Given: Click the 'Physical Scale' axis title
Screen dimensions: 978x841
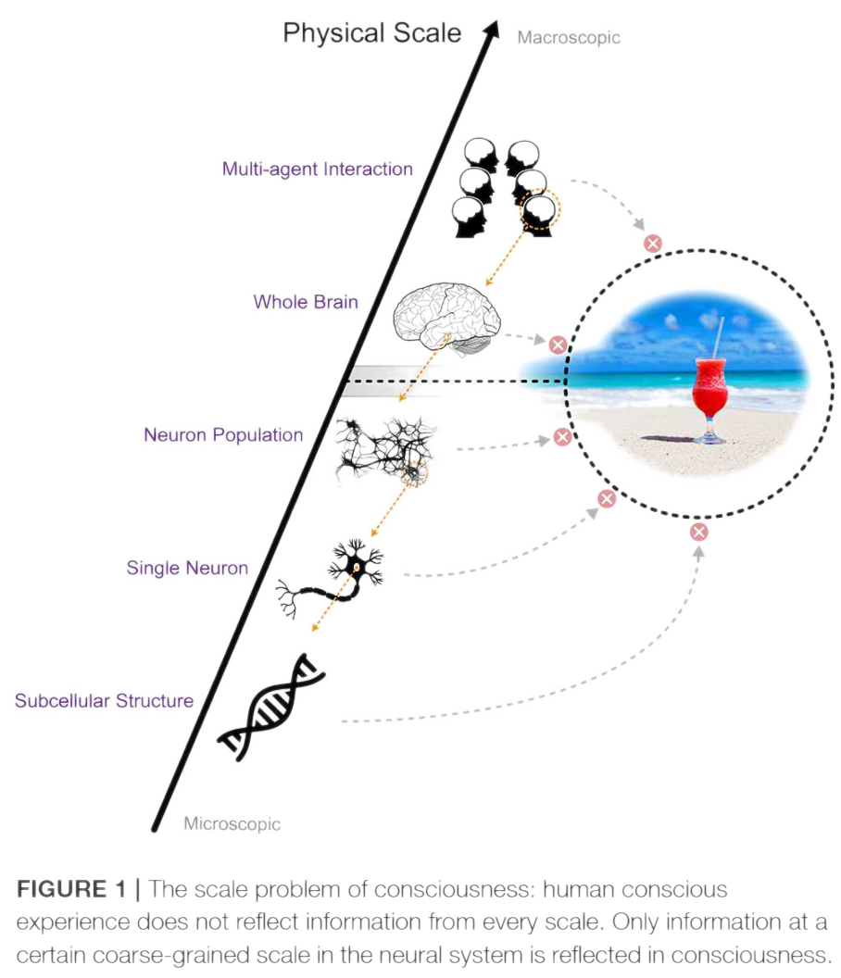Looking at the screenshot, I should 371,34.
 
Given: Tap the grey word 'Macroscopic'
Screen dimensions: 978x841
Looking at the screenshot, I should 569,38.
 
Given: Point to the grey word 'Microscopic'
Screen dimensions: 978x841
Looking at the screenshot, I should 232,822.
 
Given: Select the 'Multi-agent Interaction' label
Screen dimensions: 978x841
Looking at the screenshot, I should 317,169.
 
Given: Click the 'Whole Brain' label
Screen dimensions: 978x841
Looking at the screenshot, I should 305,302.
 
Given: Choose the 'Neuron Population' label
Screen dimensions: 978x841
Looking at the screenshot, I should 223,434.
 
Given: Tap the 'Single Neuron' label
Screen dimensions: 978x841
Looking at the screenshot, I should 187,567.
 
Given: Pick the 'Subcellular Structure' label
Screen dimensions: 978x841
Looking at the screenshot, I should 104,700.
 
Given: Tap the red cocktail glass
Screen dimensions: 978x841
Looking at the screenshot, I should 711,394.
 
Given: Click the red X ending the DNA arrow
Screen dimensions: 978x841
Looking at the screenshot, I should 699,532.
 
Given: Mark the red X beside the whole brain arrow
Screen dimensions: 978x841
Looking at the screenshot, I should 557,344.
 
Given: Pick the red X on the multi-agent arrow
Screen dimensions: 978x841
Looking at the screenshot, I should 653,244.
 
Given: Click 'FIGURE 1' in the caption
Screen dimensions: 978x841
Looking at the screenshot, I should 70,889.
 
